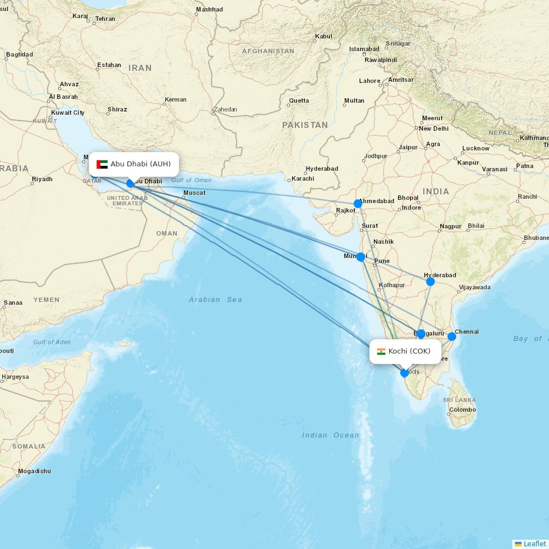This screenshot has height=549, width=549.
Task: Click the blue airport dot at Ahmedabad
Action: (x=358, y=204)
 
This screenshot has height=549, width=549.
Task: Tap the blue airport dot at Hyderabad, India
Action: (x=430, y=282)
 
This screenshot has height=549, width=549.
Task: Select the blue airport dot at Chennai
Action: (x=452, y=337)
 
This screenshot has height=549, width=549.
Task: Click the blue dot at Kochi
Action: (x=405, y=373)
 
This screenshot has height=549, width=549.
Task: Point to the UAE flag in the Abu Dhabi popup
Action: (x=102, y=164)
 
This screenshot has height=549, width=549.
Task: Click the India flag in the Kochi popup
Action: (x=381, y=351)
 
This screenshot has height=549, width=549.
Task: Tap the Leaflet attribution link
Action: (x=534, y=544)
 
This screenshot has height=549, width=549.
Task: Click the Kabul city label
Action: (x=323, y=37)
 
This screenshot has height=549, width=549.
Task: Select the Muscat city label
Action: (x=194, y=193)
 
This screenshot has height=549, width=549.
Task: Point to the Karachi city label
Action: (x=302, y=178)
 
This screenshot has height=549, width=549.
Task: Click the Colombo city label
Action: (x=462, y=410)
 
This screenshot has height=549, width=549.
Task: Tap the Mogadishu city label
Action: (x=34, y=471)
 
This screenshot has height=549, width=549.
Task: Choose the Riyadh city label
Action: (x=42, y=179)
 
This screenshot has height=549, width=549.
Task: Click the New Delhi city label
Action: (x=433, y=128)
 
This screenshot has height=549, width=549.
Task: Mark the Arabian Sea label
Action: (x=215, y=300)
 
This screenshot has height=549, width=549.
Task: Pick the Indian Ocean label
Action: (x=330, y=435)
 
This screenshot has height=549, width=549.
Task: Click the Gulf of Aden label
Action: (x=52, y=342)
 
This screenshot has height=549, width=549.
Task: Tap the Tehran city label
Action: (x=105, y=19)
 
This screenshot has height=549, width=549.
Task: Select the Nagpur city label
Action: (x=450, y=226)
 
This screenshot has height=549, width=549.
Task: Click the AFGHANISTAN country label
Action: (x=268, y=51)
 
